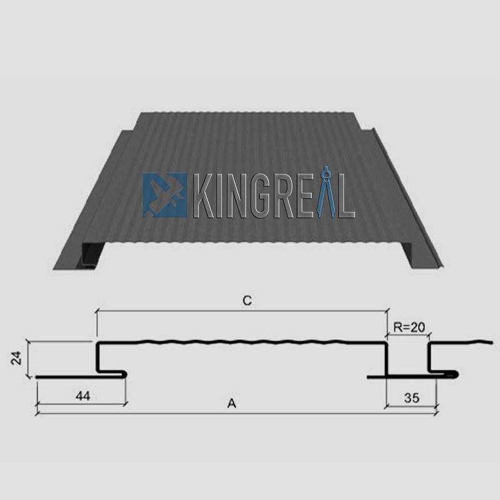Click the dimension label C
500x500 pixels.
click(247, 301)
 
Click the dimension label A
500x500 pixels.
click(231, 404)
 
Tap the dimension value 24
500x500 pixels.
click(17, 358)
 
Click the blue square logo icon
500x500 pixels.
click(164, 195)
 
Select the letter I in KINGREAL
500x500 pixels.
click(214, 196)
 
